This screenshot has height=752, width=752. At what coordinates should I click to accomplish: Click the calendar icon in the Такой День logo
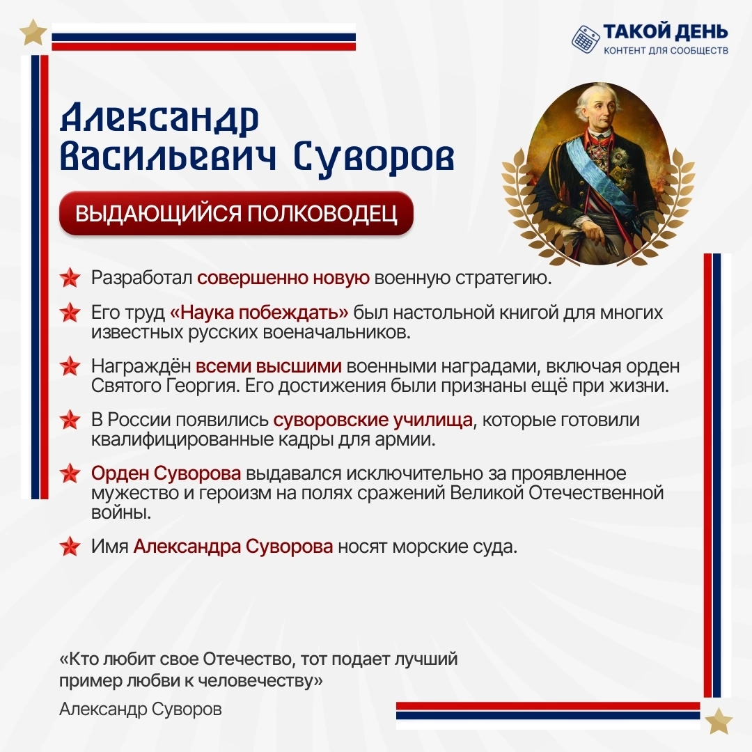click(585, 38)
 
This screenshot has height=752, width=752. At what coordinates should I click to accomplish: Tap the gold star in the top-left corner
click(33, 33)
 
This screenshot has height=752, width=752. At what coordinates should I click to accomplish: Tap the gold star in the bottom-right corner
click(719, 721)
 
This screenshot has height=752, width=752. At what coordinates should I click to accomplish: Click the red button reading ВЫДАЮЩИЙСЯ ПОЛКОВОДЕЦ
click(236, 214)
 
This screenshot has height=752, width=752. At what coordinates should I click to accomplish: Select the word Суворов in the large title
click(374, 157)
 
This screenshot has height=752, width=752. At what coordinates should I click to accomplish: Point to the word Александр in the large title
click(159, 118)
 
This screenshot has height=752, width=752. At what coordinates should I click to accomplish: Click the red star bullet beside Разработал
click(70, 278)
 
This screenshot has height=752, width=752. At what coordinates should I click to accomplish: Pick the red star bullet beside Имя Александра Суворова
click(70, 547)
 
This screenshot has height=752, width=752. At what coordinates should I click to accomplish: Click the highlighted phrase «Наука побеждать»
click(259, 313)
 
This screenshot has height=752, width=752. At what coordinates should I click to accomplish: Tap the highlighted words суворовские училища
click(373, 420)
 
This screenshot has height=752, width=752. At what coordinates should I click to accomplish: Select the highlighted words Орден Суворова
click(166, 474)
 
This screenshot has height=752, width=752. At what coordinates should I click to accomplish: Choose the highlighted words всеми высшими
click(269, 366)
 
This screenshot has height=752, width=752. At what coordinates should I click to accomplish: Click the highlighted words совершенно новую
click(283, 278)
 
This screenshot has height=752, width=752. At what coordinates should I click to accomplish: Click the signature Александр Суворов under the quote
click(141, 710)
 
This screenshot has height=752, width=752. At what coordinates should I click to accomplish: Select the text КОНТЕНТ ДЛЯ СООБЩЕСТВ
click(666, 50)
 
